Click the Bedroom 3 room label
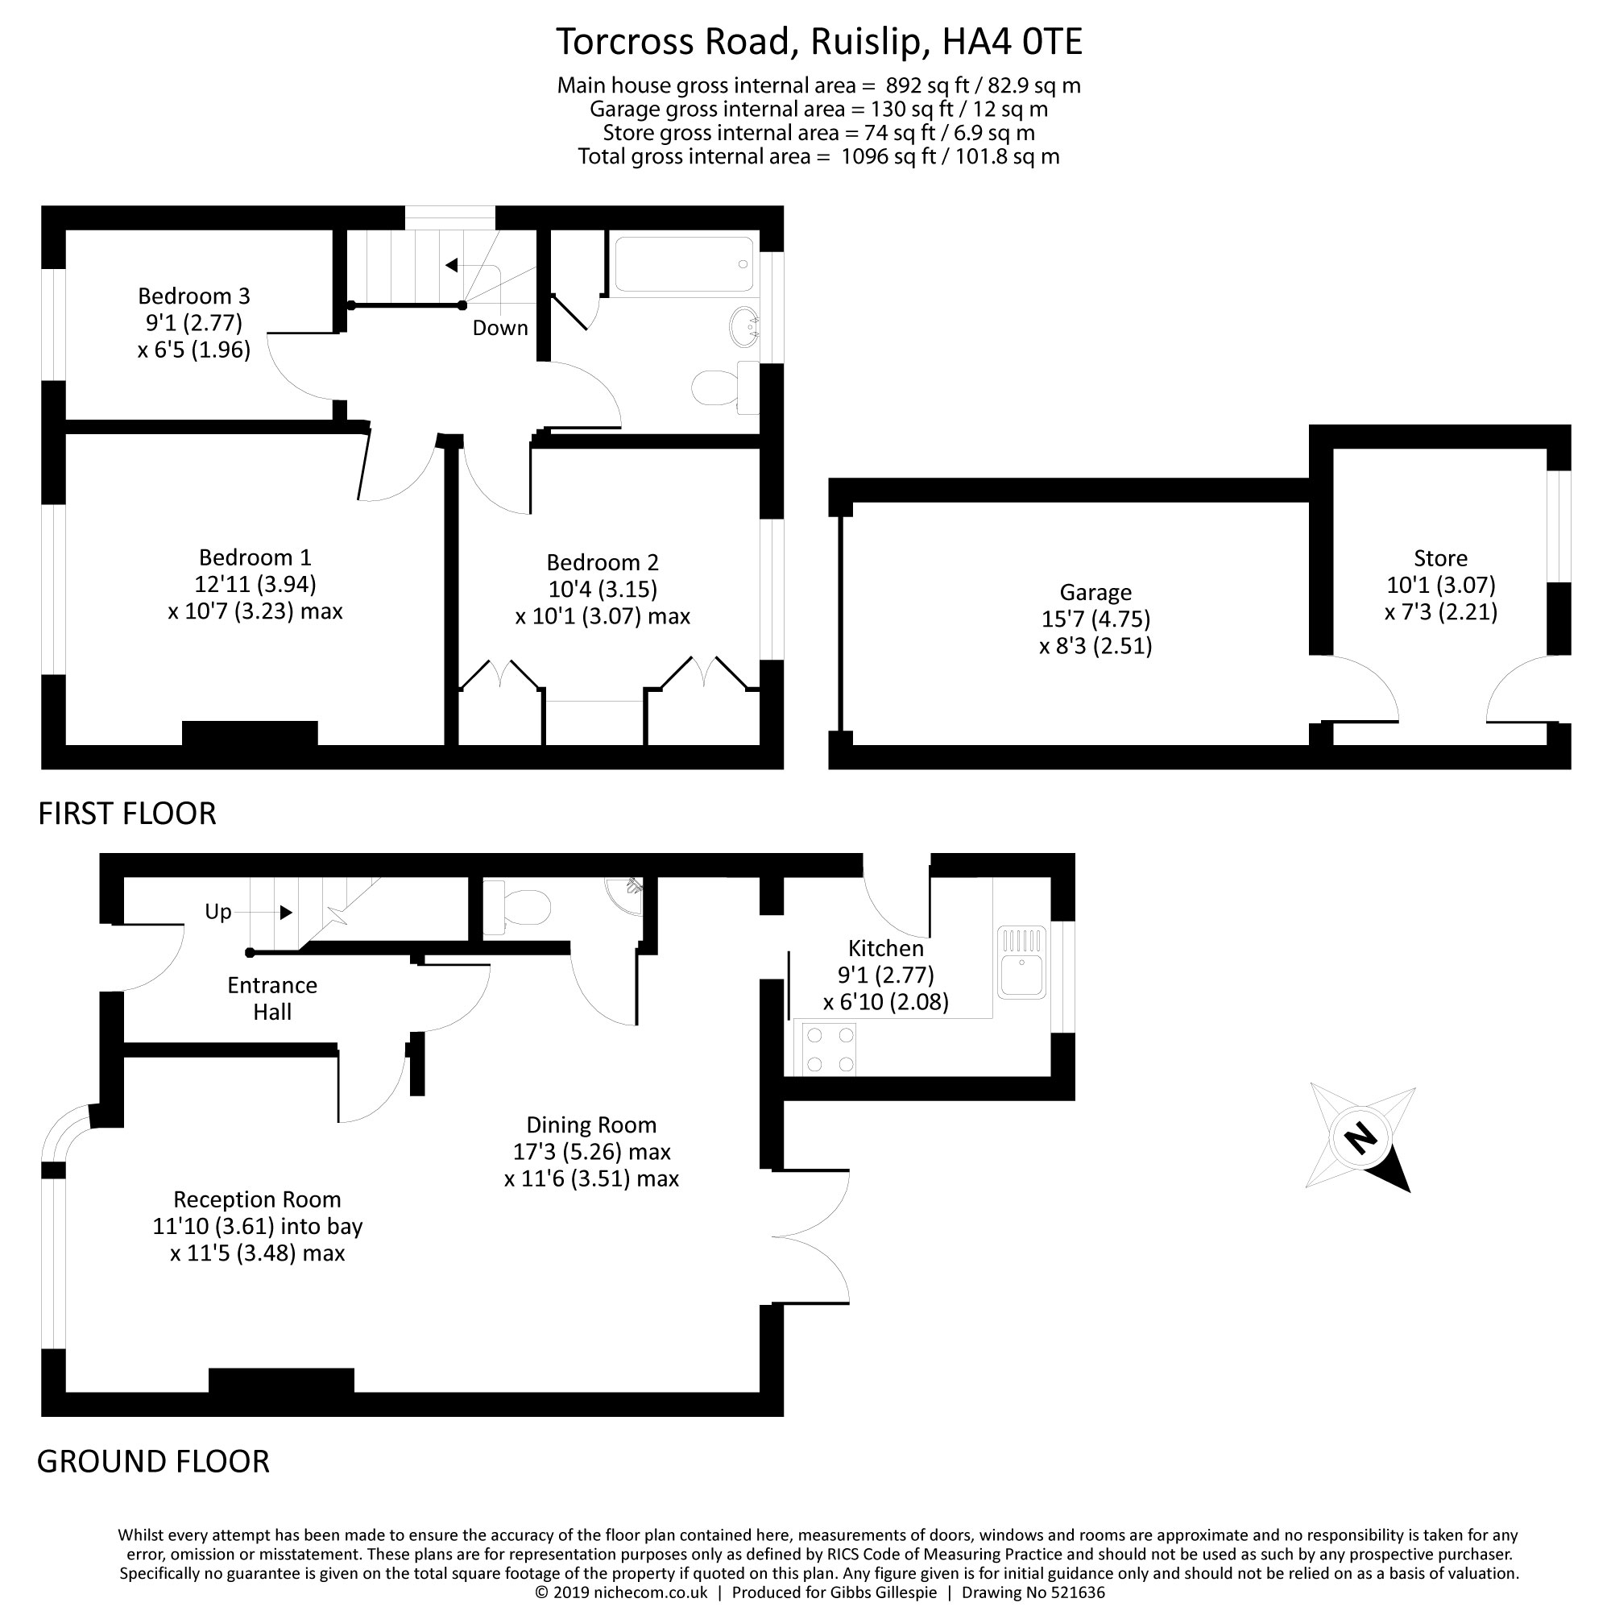coord(193,296)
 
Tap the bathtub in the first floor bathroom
coord(684,264)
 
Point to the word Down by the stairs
coord(500,328)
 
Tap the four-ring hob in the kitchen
coord(830,1049)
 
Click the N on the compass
coord(1360,1137)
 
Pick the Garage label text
coord(1095,592)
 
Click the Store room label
coord(1440,558)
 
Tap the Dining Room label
coord(591,1124)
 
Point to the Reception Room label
coord(257,1199)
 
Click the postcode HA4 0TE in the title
coord(1012,42)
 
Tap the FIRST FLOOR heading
coord(126,813)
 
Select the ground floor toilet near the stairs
coord(519,906)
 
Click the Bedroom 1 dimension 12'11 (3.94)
coord(255,584)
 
